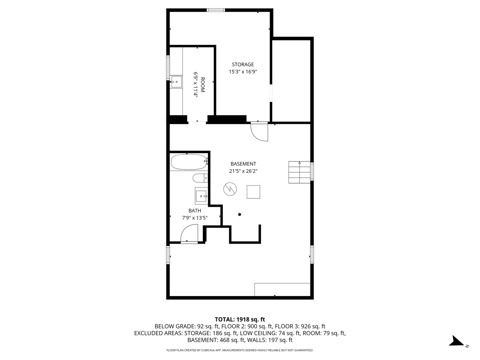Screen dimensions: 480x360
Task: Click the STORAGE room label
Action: click(x=243, y=64)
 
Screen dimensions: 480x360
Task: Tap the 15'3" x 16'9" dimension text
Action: click(x=243, y=72)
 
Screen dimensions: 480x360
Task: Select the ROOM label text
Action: click(x=202, y=84)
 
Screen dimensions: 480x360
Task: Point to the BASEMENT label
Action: click(x=243, y=164)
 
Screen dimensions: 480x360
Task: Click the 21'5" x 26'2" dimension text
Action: click(x=243, y=171)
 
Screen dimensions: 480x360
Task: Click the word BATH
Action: click(x=195, y=210)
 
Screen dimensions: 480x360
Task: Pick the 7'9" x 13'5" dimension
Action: click(x=195, y=218)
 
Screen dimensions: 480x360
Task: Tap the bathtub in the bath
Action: click(x=189, y=162)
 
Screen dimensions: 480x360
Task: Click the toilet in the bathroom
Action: click(x=200, y=178)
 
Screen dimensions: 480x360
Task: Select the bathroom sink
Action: click(x=201, y=196)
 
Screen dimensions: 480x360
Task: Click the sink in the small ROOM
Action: click(x=176, y=82)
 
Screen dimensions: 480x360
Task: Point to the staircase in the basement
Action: click(x=299, y=172)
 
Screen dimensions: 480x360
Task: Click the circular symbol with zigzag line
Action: click(x=230, y=189)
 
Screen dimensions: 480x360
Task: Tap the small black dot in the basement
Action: click(x=240, y=214)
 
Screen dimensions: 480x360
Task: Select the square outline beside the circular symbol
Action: click(x=254, y=192)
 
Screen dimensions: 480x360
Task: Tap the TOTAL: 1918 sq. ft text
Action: click(x=240, y=319)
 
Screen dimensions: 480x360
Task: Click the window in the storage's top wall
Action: click(x=216, y=10)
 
